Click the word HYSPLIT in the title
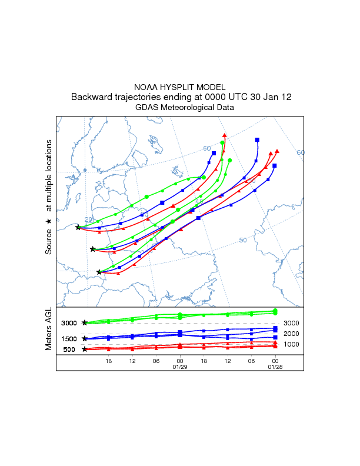179,86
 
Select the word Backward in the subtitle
91,97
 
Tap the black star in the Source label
48,221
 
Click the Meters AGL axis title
48,329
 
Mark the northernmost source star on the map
78,228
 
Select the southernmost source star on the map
99,272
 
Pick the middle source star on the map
92,249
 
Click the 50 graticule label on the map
242,240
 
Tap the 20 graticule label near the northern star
88,219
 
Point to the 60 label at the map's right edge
300,152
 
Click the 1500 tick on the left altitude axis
69,339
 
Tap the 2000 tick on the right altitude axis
292,334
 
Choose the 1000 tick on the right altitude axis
292,344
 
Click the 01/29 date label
179,367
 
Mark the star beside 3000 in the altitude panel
85,323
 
